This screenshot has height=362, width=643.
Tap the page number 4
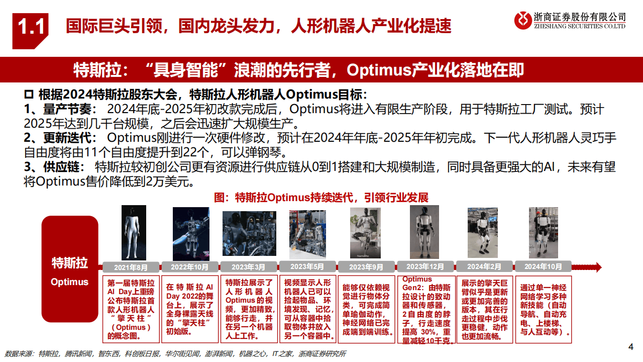(x=631, y=346)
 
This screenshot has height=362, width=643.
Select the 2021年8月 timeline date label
(x=131, y=267)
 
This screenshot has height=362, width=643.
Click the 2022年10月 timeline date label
(x=189, y=267)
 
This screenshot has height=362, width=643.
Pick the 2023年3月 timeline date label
(x=249, y=267)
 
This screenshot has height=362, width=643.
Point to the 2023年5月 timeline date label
(x=307, y=267)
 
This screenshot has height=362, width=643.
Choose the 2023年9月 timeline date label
(x=366, y=267)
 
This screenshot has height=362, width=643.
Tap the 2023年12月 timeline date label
(x=425, y=267)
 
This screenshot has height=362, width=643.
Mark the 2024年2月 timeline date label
(x=484, y=267)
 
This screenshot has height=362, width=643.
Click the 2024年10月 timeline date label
(x=543, y=267)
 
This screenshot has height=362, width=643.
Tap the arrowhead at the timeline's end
(x=597, y=267)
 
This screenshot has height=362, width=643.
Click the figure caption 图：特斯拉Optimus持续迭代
(x=321, y=198)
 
